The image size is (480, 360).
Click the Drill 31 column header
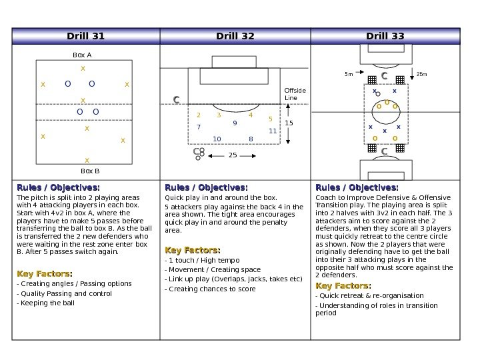coord(86,35)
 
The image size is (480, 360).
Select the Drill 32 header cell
coord(235,35)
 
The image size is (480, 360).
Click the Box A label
coord(82,56)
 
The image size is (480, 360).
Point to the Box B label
coord(82,171)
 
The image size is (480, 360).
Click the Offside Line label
coord(295,94)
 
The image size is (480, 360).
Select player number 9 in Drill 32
coord(235,123)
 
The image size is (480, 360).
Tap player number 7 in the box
coord(199,126)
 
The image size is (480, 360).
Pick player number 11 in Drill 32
coord(272,131)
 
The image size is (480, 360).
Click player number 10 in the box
coord(217,139)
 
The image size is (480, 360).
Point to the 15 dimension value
coord(289,124)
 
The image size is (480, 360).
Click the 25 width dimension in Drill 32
coord(233,155)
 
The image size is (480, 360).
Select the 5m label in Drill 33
coord(349,74)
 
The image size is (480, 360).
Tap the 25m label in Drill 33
coord(421,74)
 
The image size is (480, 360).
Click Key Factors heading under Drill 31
coord(45,274)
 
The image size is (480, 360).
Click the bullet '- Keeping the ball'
coord(45,303)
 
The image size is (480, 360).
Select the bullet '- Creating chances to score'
coord(210,289)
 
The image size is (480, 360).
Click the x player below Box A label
coord(83,69)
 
